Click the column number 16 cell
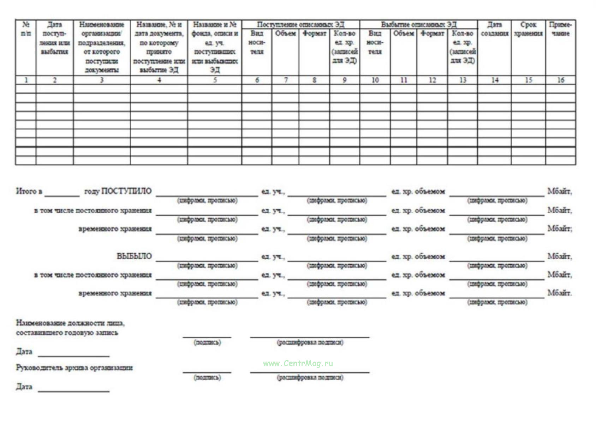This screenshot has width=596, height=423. pyautogui.click(x=560, y=80)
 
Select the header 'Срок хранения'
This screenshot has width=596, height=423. pyautogui.click(x=528, y=29)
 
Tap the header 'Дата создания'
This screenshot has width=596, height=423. pyautogui.click(x=494, y=29)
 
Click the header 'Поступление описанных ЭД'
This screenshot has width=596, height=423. pyautogui.click(x=300, y=24)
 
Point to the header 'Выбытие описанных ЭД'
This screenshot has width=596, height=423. pyautogui.click(x=418, y=24)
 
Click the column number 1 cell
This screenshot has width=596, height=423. pyautogui.click(x=26, y=80)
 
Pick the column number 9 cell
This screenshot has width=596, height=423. pyautogui.click(x=345, y=80)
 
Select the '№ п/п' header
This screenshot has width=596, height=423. pyautogui.click(x=26, y=29)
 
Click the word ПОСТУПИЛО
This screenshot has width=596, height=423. pyautogui.click(x=126, y=191)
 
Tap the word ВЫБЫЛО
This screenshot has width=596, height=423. pyautogui.click(x=134, y=256)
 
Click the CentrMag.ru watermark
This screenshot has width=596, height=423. pyautogui.click(x=298, y=363)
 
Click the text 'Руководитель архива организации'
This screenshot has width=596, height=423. pyautogui.click(x=74, y=368)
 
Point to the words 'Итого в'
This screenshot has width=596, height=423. pyautogui.click(x=29, y=191)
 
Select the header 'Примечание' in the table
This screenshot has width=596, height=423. pyautogui.click(x=560, y=29)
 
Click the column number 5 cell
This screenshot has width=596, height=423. pyautogui.click(x=215, y=80)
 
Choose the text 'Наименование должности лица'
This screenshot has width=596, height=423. pyautogui.click(x=70, y=323)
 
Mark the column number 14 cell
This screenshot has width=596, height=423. pyautogui.click(x=494, y=80)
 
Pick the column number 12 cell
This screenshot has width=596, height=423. pyautogui.click(x=432, y=80)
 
